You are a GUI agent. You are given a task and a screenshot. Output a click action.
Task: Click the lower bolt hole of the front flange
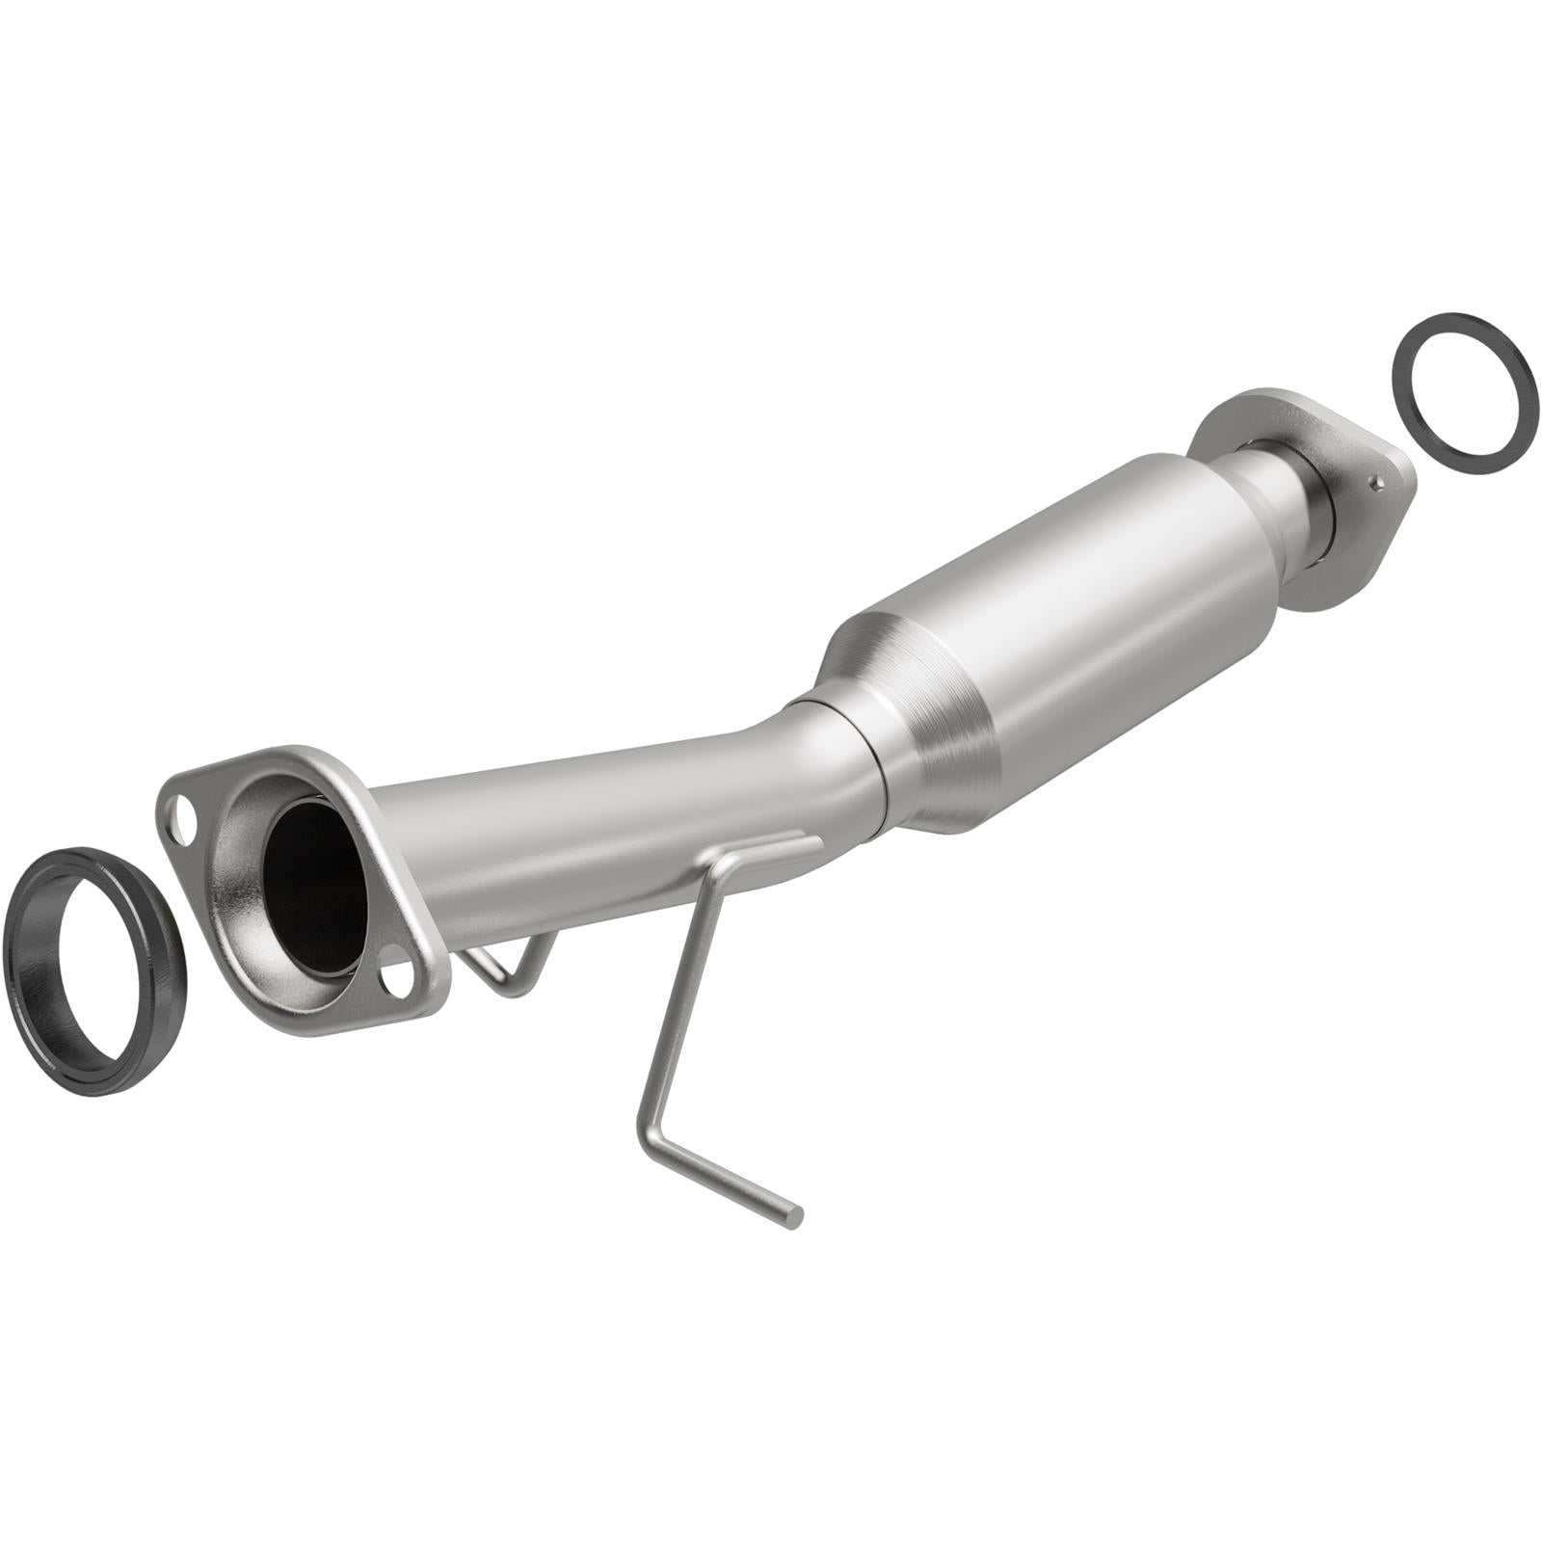[x=398, y=981]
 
